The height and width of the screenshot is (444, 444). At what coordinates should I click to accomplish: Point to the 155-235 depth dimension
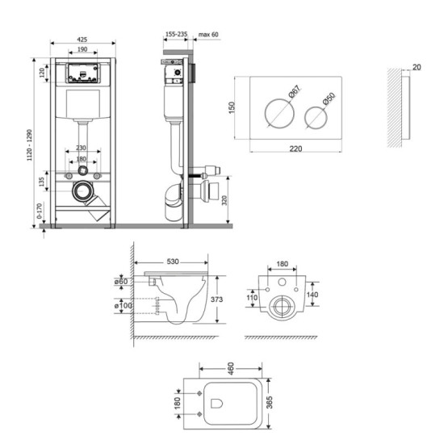point(175,36)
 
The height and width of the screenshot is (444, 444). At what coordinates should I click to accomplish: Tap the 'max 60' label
point(210,36)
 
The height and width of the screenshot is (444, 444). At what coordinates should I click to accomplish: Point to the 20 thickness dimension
point(415,68)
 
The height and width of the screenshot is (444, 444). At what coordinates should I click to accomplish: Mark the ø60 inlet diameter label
point(123,281)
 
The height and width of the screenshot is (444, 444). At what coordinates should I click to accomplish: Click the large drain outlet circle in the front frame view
point(82,192)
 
